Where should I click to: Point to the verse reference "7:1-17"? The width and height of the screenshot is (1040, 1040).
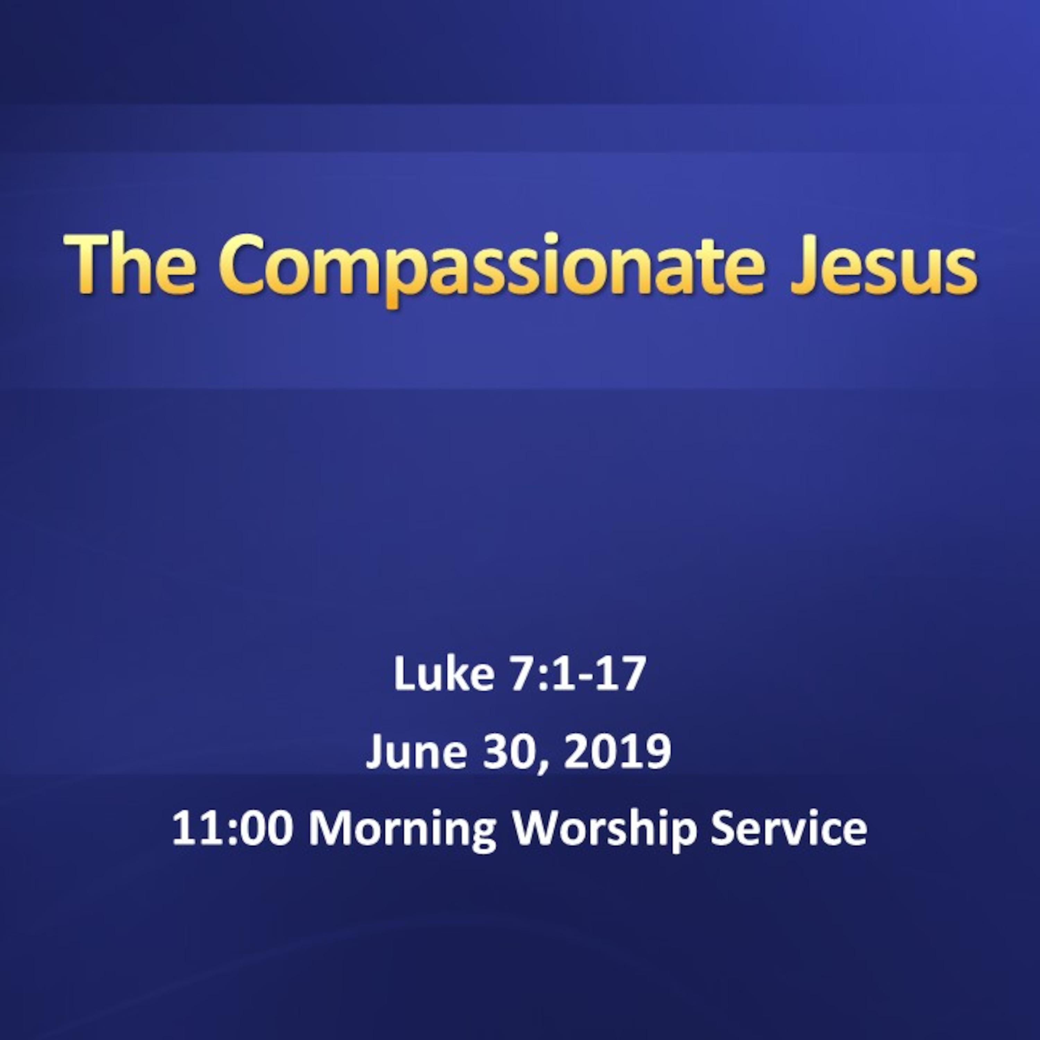(x=577, y=675)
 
